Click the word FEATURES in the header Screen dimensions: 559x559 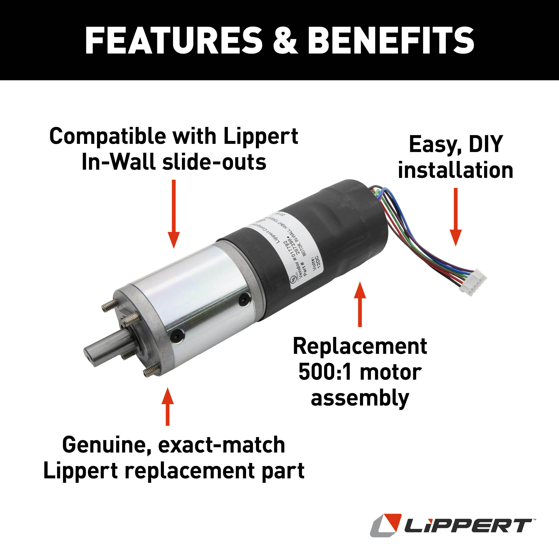pyautogui.click(x=174, y=41)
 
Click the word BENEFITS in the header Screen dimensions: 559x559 pyautogui.click(x=391, y=41)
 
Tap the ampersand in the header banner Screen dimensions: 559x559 pyautogui.click(x=285, y=41)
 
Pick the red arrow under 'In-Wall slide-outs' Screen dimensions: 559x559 pyautogui.click(x=174, y=214)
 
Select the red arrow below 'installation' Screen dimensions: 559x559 pyautogui.click(x=455, y=217)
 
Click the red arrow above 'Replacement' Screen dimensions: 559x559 pyautogui.click(x=360, y=304)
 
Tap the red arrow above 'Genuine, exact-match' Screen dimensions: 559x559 pyautogui.click(x=167, y=406)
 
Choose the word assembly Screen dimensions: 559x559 pyautogui.click(x=360, y=399)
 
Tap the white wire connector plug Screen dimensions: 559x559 pyautogui.click(x=472, y=282)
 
